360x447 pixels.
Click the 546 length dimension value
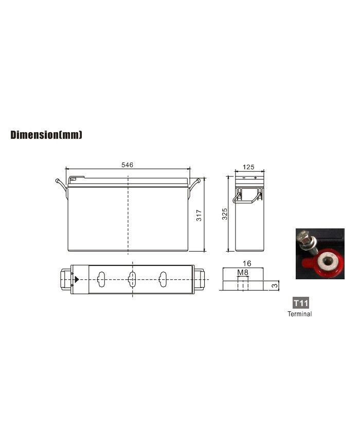point(127,165)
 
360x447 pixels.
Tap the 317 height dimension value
point(199,215)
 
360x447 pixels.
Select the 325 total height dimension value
point(225,214)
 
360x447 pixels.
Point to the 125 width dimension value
point(248,167)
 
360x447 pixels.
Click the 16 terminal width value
point(247,263)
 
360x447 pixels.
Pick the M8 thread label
point(243,273)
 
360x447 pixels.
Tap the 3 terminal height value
point(274,285)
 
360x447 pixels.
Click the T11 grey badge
point(301,303)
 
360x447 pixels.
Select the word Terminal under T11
point(300,314)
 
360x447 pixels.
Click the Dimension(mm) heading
point(46,135)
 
